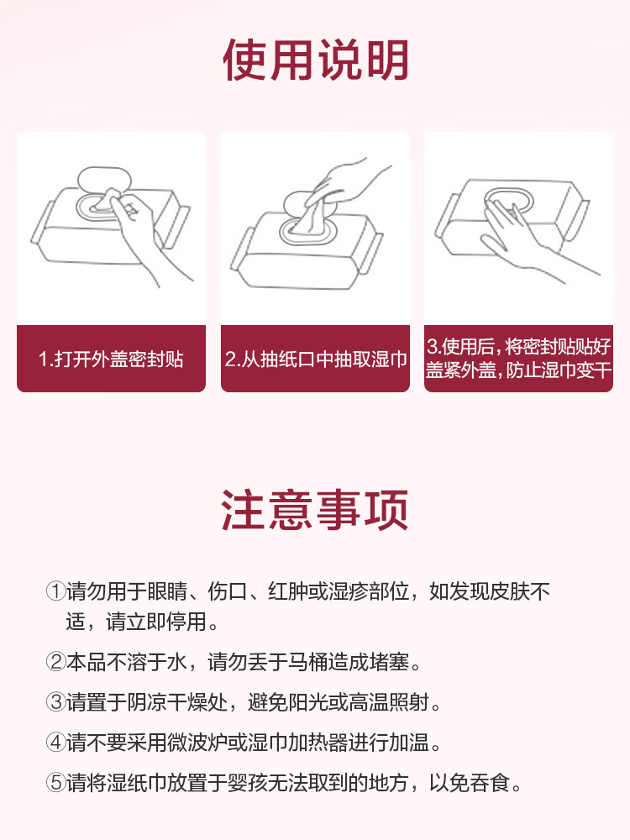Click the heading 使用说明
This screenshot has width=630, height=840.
(315, 60)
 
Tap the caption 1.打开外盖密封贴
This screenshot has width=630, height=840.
(111, 360)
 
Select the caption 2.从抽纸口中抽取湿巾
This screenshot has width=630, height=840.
(315, 360)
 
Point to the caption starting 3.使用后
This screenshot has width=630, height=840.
(518, 359)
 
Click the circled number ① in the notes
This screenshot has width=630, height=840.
(55, 591)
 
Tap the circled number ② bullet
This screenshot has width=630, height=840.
(55, 662)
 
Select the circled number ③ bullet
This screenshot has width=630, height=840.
(55, 702)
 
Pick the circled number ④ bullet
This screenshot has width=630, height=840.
(55, 743)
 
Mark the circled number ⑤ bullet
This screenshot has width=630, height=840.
(55, 784)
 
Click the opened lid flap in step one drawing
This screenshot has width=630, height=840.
(101, 181)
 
